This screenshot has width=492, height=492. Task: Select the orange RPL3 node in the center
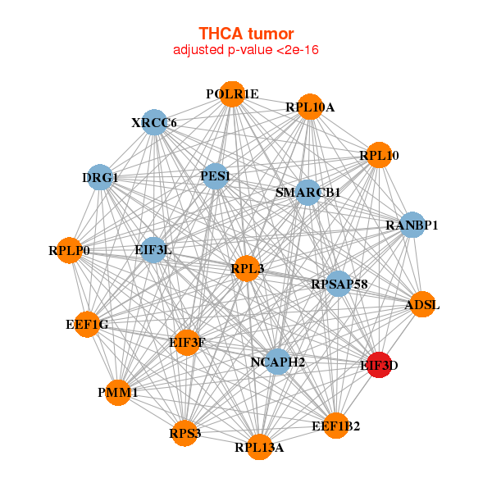tap(247, 268)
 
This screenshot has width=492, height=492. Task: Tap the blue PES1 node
tap(215, 175)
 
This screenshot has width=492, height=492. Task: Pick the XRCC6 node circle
tap(154, 123)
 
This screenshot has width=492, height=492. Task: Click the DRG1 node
tap(100, 177)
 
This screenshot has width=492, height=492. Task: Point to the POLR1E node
tap(232, 94)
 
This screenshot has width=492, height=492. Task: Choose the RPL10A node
tap(310, 107)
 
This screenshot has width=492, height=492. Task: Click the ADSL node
tap(422, 305)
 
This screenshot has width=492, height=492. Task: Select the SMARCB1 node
tap(307, 193)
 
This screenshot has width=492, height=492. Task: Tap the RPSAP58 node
tap(339, 284)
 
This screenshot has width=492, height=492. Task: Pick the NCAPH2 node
tap(278, 362)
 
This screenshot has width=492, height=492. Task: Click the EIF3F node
tap(187, 342)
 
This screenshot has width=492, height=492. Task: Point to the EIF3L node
tap(153, 249)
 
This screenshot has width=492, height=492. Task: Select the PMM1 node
tap(118, 393)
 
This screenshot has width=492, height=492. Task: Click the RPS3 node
tap(185, 432)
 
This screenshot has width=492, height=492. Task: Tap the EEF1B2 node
tap(335, 426)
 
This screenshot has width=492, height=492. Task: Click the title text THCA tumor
tap(246, 34)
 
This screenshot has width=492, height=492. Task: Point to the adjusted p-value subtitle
tap(246, 50)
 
